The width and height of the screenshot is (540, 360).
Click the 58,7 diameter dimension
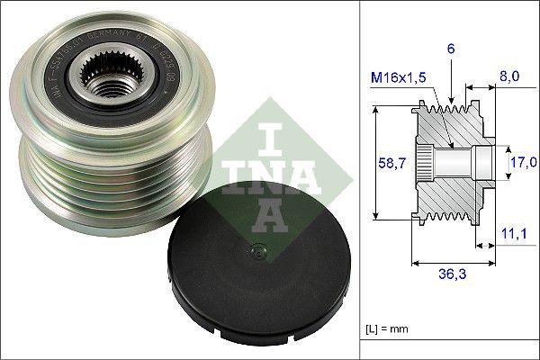[x=388, y=163]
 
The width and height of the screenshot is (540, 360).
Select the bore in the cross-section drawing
[x=454, y=163]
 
